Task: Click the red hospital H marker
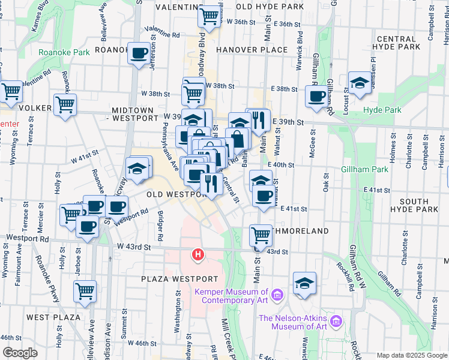coord(197,256)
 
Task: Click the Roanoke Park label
coord(64,52)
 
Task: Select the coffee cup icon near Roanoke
coord(140,53)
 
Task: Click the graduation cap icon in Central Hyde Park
coord(360,83)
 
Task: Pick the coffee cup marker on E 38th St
coord(316,96)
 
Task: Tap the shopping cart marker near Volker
coord(65,104)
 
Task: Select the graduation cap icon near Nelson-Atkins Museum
coord(304,283)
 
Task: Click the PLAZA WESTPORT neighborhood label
coord(179,280)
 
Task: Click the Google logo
coord(19,353)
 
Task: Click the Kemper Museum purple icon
coord(277,295)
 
